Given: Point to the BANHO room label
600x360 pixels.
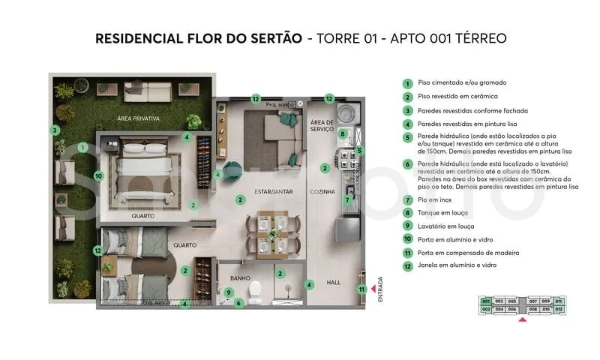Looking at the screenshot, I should [x=240, y=278].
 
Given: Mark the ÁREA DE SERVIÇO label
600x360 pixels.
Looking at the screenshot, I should [x=322, y=126].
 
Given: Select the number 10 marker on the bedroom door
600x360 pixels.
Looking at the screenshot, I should [x=98, y=176].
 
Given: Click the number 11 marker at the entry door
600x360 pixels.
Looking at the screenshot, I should [x=361, y=289].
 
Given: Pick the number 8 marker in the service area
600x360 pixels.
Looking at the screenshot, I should [x=342, y=134].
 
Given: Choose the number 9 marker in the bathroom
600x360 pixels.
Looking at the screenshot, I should [x=228, y=292].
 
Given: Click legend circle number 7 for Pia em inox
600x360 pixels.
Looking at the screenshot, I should [x=407, y=200].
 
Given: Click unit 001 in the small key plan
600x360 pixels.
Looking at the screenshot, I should [x=486, y=301].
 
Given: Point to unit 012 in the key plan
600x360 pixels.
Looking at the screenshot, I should [x=558, y=308].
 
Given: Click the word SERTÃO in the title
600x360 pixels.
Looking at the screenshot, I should [x=277, y=38].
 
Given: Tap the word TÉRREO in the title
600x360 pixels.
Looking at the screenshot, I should [x=478, y=38].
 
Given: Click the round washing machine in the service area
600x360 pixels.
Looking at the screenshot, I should [x=346, y=113].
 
